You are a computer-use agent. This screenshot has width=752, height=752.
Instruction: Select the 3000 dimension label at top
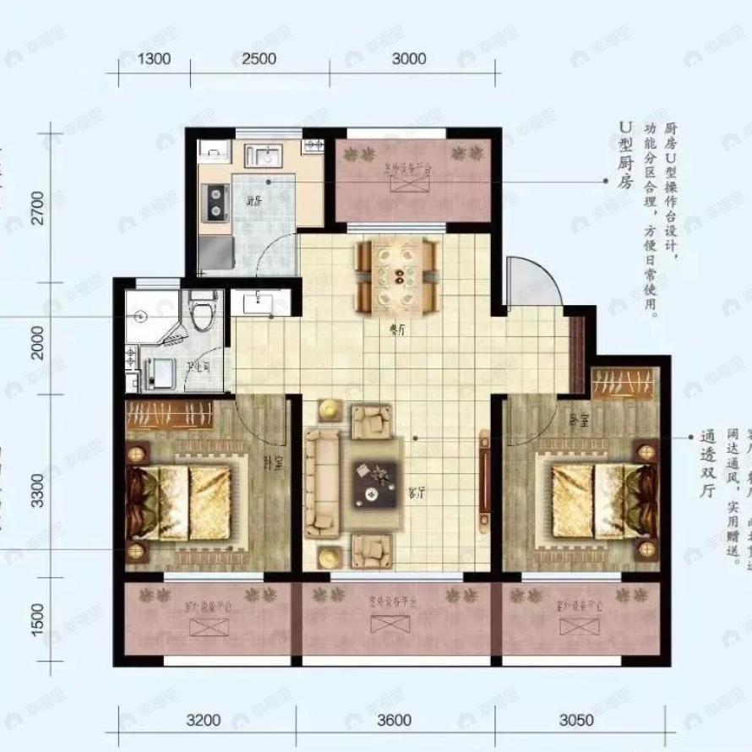[x=408, y=59]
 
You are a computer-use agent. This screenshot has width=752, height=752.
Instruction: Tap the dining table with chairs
[x=397, y=275]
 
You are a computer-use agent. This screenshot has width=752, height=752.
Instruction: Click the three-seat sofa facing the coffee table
[x=322, y=482]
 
